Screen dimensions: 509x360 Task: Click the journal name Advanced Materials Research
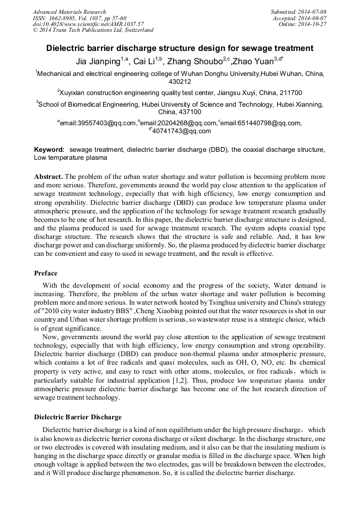tap(69, 12)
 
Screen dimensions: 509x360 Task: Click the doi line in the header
tap(88, 24)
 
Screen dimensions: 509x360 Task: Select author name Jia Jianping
tap(97, 60)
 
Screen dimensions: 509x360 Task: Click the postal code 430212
tap(179, 82)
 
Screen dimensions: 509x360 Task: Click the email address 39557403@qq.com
tap(98, 123)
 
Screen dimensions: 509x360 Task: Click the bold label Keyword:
tap(49, 150)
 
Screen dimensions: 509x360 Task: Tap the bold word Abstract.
tap(49, 176)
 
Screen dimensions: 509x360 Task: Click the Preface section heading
tap(46, 273)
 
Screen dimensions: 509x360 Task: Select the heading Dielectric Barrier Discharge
tap(78, 417)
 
